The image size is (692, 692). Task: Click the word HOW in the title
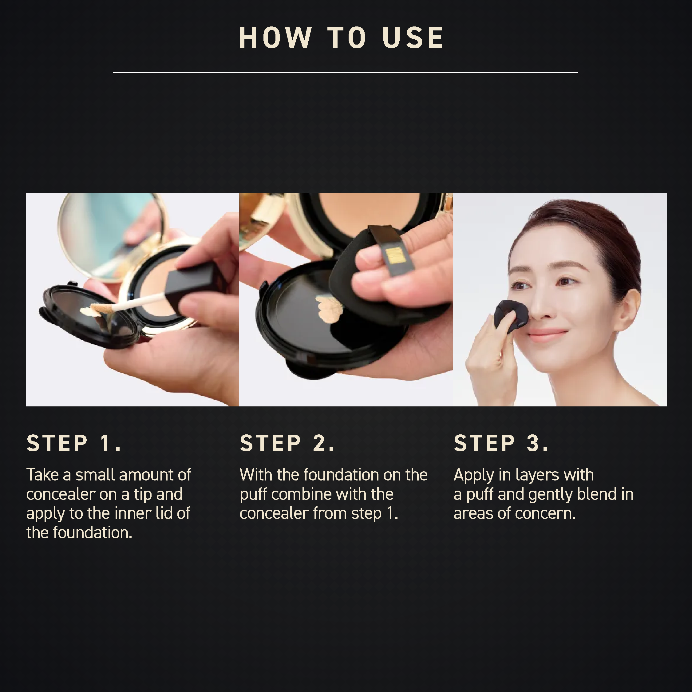[275, 38]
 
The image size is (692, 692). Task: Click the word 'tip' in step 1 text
[143, 495]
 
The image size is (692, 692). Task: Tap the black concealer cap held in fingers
[192, 287]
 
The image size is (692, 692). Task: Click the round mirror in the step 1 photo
[108, 233]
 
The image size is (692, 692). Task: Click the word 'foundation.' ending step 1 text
[93, 533]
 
